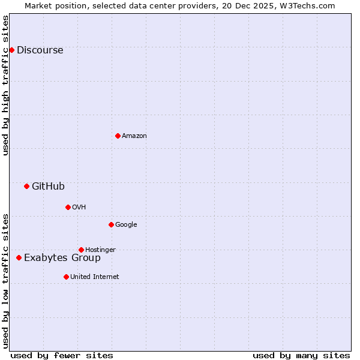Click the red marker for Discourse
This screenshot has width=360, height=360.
[11, 50]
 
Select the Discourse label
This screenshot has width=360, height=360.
[40, 50]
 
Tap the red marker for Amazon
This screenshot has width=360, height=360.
[118, 136]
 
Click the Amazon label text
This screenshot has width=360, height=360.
[134, 136]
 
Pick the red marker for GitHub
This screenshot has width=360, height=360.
[26, 186]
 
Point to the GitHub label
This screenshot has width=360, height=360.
[48, 187]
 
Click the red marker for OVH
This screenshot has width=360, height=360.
[68, 207]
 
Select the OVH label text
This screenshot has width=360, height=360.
[79, 208]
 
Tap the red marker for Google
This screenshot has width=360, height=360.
[111, 224]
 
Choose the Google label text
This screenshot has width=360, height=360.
[126, 225]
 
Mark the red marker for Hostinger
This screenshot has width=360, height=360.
[81, 250]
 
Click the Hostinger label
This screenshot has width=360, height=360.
[100, 250]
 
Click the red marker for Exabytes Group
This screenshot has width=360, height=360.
[19, 257]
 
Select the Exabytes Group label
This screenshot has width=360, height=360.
[62, 258]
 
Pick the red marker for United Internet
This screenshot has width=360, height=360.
[66, 277]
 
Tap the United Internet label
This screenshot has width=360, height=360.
[95, 277]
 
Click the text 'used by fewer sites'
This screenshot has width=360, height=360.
[62, 355]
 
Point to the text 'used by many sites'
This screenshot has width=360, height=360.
[301, 355]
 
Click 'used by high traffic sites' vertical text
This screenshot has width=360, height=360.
[6, 85]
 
